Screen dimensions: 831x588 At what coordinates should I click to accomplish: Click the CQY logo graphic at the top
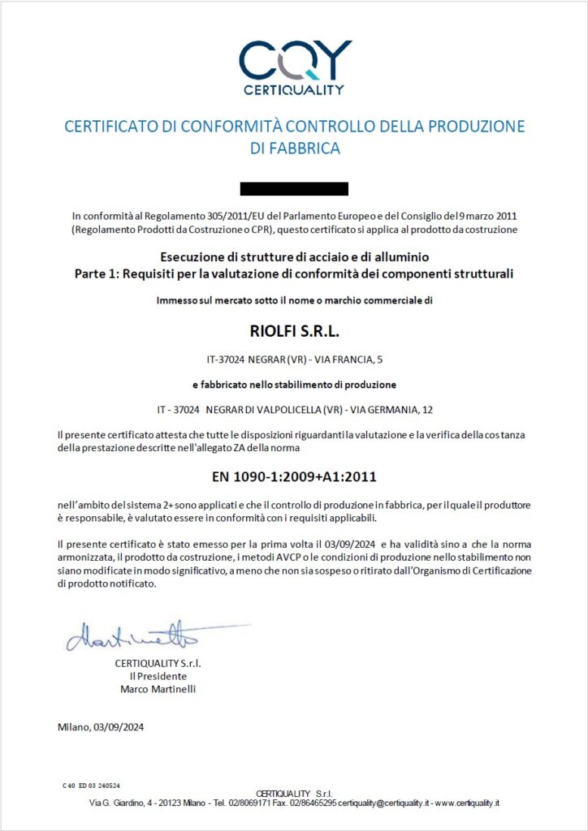pyautogui.click(x=295, y=58)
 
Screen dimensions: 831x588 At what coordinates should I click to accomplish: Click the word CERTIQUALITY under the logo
pyautogui.click(x=294, y=90)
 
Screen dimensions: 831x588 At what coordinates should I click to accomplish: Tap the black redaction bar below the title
pyautogui.click(x=294, y=189)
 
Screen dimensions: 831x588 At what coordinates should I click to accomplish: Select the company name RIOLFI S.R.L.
pyautogui.click(x=294, y=330)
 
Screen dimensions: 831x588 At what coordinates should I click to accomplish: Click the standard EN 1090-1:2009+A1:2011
pyautogui.click(x=294, y=476)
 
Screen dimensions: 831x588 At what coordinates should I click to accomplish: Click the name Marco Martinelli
pyautogui.click(x=158, y=689)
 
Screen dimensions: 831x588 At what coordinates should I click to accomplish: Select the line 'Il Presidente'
pyautogui.click(x=158, y=676)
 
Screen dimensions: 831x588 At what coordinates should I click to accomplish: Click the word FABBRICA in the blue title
pyautogui.click(x=294, y=149)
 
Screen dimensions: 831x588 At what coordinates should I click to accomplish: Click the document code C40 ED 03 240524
pyautogui.click(x=92, y=786)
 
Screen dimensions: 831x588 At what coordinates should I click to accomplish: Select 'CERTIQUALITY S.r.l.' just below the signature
pyautogui.click(x=158, y=663)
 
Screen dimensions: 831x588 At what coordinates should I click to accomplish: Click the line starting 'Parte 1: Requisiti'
pyautogui.click(x=294, y=273)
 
